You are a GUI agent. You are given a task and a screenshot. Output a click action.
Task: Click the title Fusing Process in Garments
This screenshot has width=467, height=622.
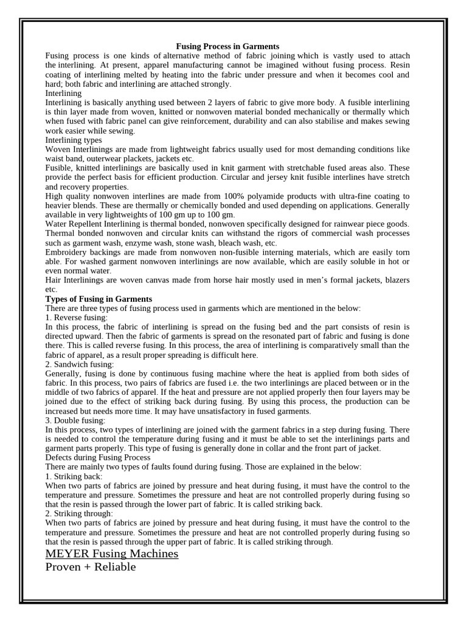pyautogui.click(x=227, y=46)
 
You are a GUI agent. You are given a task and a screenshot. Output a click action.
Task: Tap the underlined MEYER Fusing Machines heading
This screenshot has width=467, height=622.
pyautogui.click(x=112, y=553)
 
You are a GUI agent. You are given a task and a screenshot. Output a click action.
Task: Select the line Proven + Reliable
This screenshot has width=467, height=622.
pyautogui.click(x=91, y=567)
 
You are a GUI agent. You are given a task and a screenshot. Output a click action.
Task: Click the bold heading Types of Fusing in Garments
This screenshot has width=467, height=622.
pyautogui.click(x=99, y=299)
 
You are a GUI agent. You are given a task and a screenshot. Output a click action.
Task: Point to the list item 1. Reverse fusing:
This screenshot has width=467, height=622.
pyautogui.click(x=77, y=318)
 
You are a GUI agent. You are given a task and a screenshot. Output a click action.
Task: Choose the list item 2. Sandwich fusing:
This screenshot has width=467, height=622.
pyautogui.click(x=79, y=364)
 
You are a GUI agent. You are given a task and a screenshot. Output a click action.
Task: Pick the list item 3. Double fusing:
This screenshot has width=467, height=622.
pyautogui.click(x=75, y=420)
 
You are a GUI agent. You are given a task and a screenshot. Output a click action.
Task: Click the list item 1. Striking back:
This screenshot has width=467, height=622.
pyautogui.click(x=74, y=476)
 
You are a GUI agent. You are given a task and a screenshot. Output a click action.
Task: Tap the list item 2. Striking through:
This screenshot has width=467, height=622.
pyautogui.click(x=79, y=513)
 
